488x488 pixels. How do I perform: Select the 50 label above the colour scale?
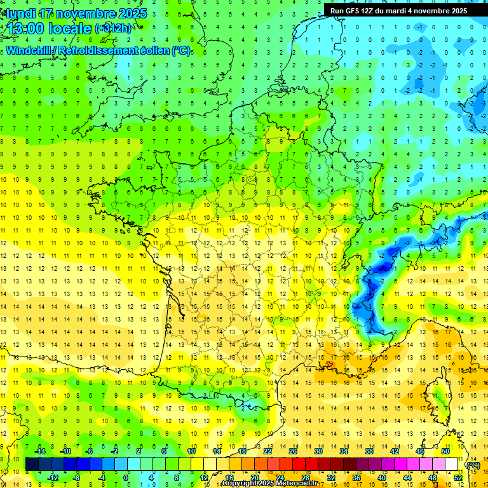point(445,451)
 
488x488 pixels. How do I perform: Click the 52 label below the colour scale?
point(458,477)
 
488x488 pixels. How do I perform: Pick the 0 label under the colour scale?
point(126,477)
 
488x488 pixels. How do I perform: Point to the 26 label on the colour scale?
point(293,451)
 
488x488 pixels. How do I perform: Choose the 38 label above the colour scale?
point(369,451)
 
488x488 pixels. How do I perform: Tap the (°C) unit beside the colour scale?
point(473,465)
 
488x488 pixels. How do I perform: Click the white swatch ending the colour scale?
point(452,464)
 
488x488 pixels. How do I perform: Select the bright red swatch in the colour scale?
point(299,464)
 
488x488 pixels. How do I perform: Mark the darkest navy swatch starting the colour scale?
point(32,464)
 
